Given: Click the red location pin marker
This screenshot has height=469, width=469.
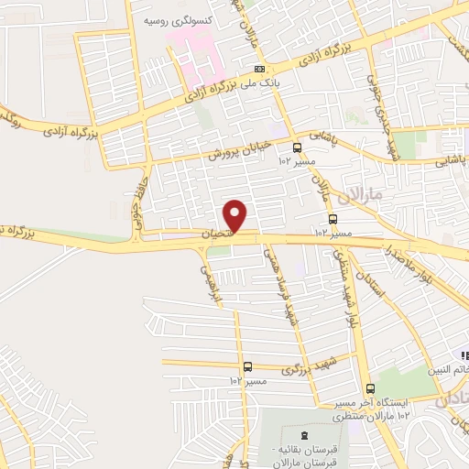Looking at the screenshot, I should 236,214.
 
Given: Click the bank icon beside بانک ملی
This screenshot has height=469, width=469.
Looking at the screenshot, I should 261,70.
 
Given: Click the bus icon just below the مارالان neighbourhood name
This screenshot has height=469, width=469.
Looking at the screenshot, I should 332,220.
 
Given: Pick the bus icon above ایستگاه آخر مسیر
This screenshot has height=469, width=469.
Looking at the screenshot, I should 369,387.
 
